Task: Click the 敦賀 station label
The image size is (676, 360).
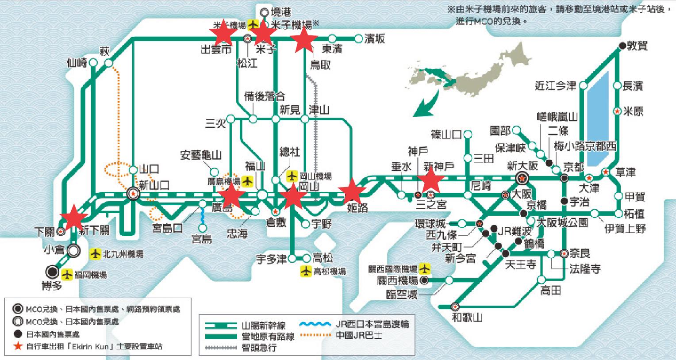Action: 639,45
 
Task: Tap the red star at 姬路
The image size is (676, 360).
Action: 352,191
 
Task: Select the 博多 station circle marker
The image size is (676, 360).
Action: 53,272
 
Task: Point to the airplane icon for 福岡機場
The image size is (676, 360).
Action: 67,275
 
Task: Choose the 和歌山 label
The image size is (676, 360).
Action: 467,317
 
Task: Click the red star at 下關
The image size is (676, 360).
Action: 73,217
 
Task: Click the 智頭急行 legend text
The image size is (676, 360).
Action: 259,347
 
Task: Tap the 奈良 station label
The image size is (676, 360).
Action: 580,253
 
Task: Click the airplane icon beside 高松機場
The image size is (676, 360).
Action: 306,272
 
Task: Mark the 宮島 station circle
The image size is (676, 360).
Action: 202,228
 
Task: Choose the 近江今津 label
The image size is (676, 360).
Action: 555,86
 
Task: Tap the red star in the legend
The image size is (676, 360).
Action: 18,346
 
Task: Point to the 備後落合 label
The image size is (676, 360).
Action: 265,96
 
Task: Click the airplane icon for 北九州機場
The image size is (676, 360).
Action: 95,254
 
